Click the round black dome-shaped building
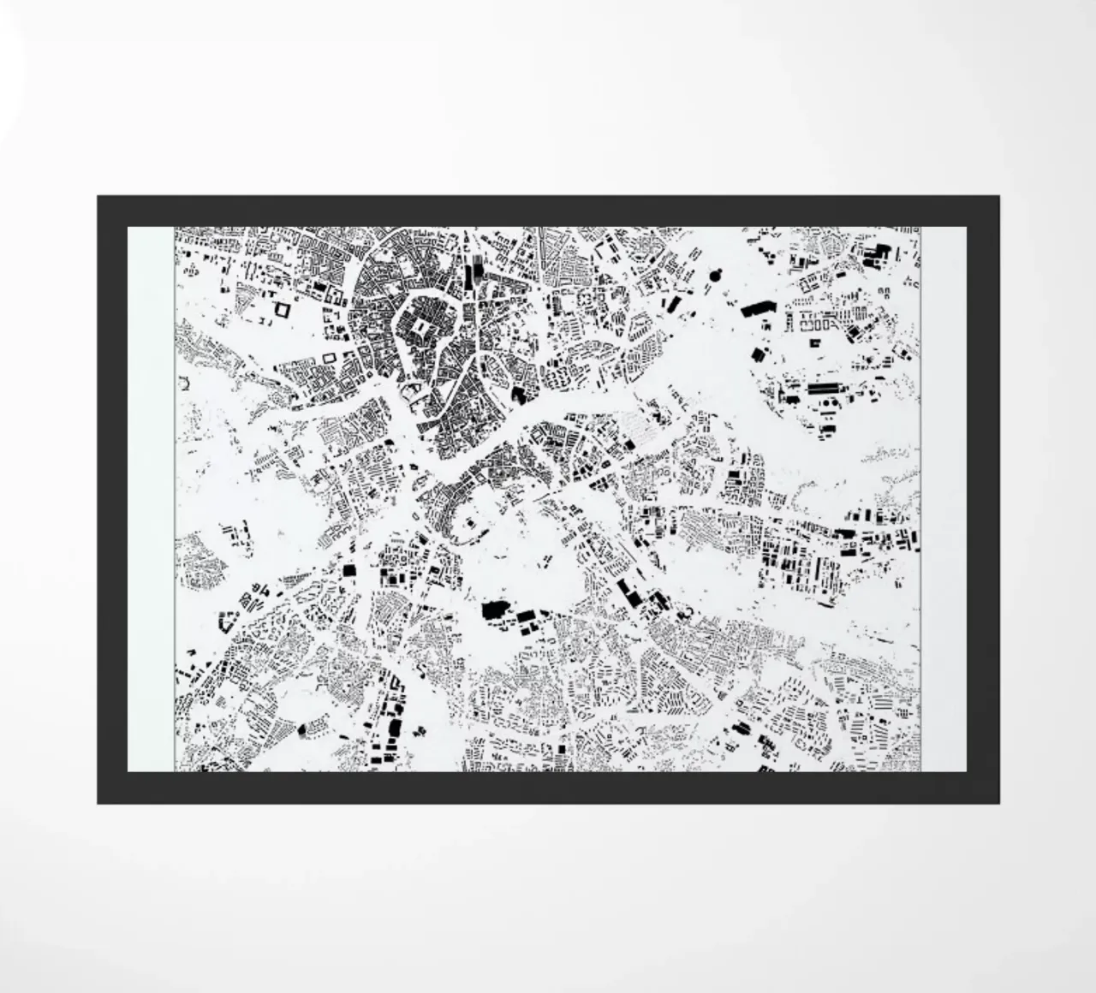pyautogui.click(x=716, y=275)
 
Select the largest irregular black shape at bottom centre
pyautogui.click(x=494, y=609)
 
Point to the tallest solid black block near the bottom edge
pyautogui.click(x=395, y=728)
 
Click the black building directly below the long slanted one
pyautogui.click(x=756, y=353)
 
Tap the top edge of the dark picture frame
pyautogui.click(x=548, y=211)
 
